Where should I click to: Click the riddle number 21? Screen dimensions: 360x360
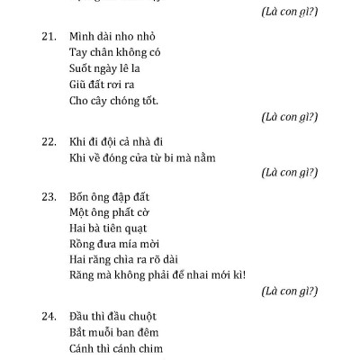49,37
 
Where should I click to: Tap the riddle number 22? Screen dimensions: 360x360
49,142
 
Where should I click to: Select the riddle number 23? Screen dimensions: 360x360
49,196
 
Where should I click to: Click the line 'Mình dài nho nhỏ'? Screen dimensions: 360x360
112,37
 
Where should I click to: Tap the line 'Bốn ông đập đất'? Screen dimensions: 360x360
112,196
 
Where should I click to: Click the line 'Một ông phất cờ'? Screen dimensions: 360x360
110,212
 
